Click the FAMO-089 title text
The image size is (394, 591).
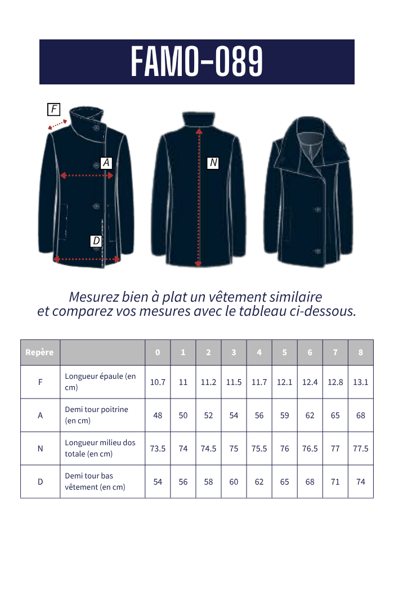pos(197,62)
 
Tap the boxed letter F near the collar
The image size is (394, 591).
pos(54,109)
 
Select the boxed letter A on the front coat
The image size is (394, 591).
pos(106,163)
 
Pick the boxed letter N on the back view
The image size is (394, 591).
pos(213,163)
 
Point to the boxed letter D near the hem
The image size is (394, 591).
pos(96,241)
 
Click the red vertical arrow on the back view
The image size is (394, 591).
pos(198,197)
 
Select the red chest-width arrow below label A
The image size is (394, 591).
pos(87,176)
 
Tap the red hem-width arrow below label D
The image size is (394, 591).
pos(87,259)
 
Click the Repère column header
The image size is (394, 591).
pos(39,353)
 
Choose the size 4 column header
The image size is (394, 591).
pos(259,353)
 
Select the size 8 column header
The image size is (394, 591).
pos(361,353)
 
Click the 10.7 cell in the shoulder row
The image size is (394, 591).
pos(158,382)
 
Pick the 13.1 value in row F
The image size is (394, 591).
pos(361,382)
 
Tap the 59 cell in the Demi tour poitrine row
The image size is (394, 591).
pos(285,415)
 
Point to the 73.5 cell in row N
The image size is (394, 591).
pos(158,449)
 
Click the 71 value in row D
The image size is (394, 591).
pos(335,482)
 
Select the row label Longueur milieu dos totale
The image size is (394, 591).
pos(100,449)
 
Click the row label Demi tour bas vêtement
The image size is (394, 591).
pos(95,482)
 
